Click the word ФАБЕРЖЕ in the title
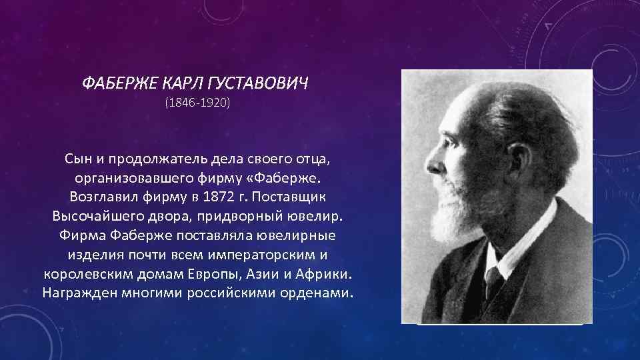116,85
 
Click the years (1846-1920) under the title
196,104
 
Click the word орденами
317,293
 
